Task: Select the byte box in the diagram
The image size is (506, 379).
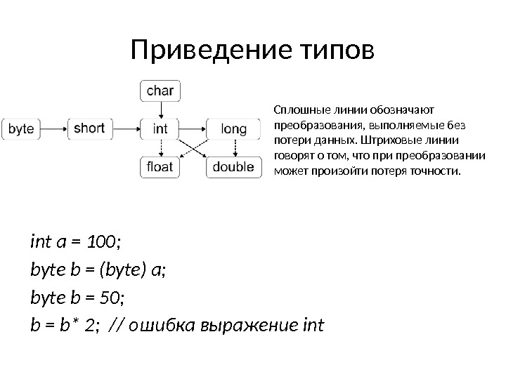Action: [x=22, y=129]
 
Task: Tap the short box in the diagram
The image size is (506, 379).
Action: [x=89, y=129]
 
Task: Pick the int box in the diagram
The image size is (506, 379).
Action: [x=161, y=129]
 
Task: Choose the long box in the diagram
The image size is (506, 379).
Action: [x=233, y=129]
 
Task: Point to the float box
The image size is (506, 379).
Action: [x=161, y=167]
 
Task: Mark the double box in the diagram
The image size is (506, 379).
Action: [x=233, y=167]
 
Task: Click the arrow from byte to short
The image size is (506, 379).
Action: [x=54, y=129]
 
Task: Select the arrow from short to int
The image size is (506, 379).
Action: [x=126, y=129]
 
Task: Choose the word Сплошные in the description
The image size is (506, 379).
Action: [x=297, y=109]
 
